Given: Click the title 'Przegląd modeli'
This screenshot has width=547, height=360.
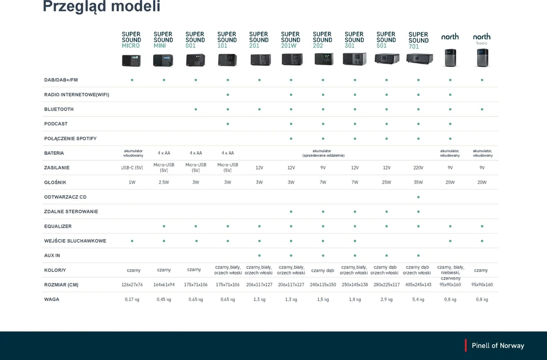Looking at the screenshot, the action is pos(102,6).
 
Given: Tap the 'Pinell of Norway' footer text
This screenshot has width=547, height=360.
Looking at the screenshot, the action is pos(498,346).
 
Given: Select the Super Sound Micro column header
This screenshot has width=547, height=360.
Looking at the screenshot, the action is pos(131,40).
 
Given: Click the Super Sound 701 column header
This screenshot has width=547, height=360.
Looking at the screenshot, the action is pos(418,40).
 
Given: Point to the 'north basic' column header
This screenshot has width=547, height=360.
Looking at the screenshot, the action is pos(482,39).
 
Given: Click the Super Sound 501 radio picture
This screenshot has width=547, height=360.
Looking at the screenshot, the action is pos(387,59).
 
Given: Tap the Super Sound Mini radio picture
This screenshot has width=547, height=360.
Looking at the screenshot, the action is pos(163,60).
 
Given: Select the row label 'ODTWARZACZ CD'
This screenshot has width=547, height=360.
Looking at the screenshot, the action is pos(65,197).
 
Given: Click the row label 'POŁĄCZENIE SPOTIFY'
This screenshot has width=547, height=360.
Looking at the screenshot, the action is pos(70,138).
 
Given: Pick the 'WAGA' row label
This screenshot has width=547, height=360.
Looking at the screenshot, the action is pos(51,299).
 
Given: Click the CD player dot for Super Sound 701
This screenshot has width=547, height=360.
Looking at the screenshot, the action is pos(418,197).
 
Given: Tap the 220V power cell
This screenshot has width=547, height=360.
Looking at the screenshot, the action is pos(418,168).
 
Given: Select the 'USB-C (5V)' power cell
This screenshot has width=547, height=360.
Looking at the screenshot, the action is pos(132,168).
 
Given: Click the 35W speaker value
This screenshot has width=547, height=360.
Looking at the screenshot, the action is pos(418,182).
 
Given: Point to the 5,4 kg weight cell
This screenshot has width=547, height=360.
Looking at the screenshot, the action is pos(418,299).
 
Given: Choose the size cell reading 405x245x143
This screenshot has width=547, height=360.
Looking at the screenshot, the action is pos(418,284).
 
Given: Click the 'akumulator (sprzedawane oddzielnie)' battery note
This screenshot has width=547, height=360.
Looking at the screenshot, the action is pos(323,153).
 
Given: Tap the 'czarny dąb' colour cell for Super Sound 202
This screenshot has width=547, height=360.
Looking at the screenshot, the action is pos(323,270).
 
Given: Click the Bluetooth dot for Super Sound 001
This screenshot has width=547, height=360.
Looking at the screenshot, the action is pos(196,109).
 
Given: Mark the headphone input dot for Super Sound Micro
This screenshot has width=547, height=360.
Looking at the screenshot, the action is pos(132,241).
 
